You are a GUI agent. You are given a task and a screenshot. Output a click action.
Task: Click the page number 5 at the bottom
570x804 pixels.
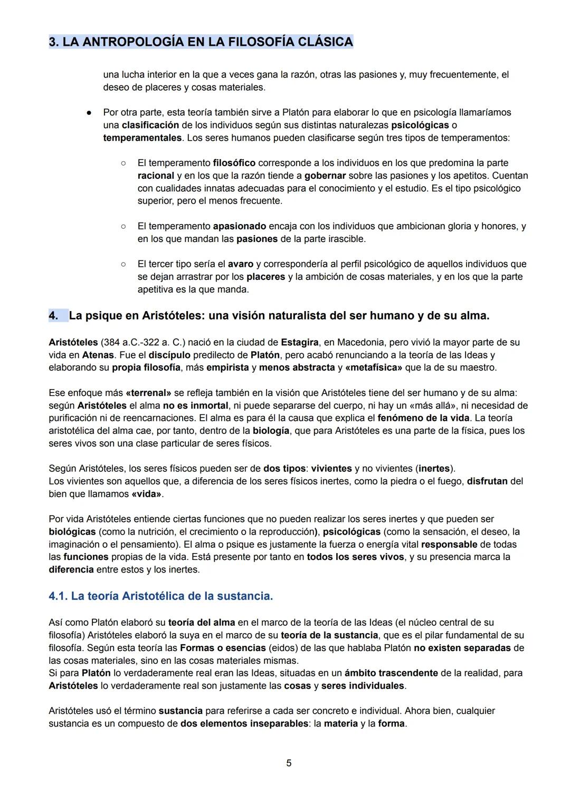click(288, 763)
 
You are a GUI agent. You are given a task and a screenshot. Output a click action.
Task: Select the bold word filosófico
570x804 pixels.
click(234, 163)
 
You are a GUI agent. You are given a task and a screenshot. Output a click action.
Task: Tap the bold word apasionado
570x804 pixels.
click(239, 226)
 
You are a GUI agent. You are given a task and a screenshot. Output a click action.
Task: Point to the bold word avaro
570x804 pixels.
click(240, 264)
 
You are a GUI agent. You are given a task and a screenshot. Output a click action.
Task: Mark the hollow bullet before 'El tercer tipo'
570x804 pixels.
click(122, 264)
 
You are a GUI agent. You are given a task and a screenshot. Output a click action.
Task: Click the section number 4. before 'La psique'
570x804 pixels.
click(53, 316)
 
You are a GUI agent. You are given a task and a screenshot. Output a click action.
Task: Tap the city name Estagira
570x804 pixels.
click(300, 342)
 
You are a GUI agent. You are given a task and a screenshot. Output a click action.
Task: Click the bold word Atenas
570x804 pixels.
click(98, 355)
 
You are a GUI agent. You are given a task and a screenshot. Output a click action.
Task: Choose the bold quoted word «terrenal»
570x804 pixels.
click(148, 393)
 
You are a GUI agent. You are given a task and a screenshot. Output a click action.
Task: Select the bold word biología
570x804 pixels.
click(271, 431)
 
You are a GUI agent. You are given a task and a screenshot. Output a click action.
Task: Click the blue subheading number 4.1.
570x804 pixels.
click(58, 596)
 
